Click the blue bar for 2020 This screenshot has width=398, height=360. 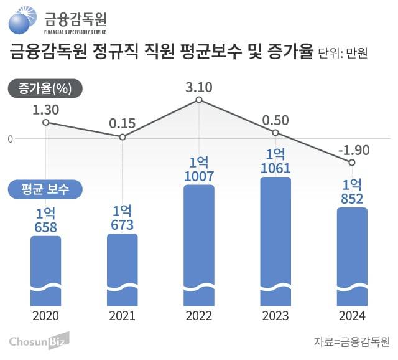point(45,271)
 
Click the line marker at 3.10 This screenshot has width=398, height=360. point(198,100)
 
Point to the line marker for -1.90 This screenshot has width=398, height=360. point(351,163)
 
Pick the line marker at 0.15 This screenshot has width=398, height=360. point(122,137)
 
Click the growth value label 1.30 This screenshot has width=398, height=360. point(45,110)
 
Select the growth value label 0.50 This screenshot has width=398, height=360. point(275,120)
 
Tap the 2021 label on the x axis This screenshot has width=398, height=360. point(122,316)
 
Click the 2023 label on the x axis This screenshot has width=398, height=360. point(275,316)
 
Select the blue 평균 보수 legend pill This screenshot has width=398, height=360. point(45,189)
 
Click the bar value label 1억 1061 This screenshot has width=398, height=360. point(275,160)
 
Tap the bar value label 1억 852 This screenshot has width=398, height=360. point(351,192)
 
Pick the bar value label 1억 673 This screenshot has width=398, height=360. point(122,218)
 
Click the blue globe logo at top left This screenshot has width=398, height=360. point(23,21)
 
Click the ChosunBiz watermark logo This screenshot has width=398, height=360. point(39,341)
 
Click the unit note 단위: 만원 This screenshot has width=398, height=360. point(343,54)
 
